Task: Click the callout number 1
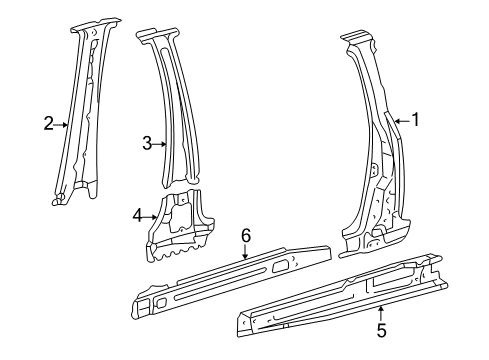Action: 415,120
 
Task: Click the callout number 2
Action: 47,124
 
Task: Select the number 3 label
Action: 146,143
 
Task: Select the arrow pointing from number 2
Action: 61,125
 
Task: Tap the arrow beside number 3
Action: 160,144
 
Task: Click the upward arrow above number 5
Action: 380,304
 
